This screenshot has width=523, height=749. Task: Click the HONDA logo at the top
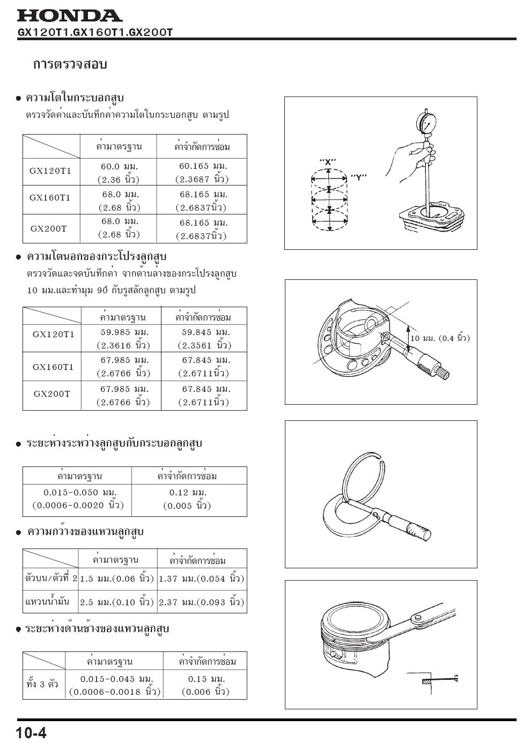pos(70,16)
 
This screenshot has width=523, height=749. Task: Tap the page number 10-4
pos(31,733)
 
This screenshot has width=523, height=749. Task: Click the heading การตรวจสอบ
pos(70,65)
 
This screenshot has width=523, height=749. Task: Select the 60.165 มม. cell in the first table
pos(203,172)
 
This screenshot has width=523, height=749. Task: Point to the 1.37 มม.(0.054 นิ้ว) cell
pos(202,579)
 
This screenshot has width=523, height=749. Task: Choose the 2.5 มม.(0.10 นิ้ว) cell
pos(117,602)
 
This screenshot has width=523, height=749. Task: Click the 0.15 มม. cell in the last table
pos(206,685)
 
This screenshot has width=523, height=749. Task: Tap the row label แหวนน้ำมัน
pos(47,602)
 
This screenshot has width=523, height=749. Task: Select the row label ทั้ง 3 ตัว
pos(42,685)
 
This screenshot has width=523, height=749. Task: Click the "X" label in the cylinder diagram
pos(328,161)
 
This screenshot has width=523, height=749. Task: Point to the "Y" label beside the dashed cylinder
pos(358,177)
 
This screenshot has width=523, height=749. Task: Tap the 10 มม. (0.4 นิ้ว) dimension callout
pos(440,338)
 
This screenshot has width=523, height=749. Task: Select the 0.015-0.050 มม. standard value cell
pos(77,499)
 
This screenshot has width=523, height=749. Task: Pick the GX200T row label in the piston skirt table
pos(51,394)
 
